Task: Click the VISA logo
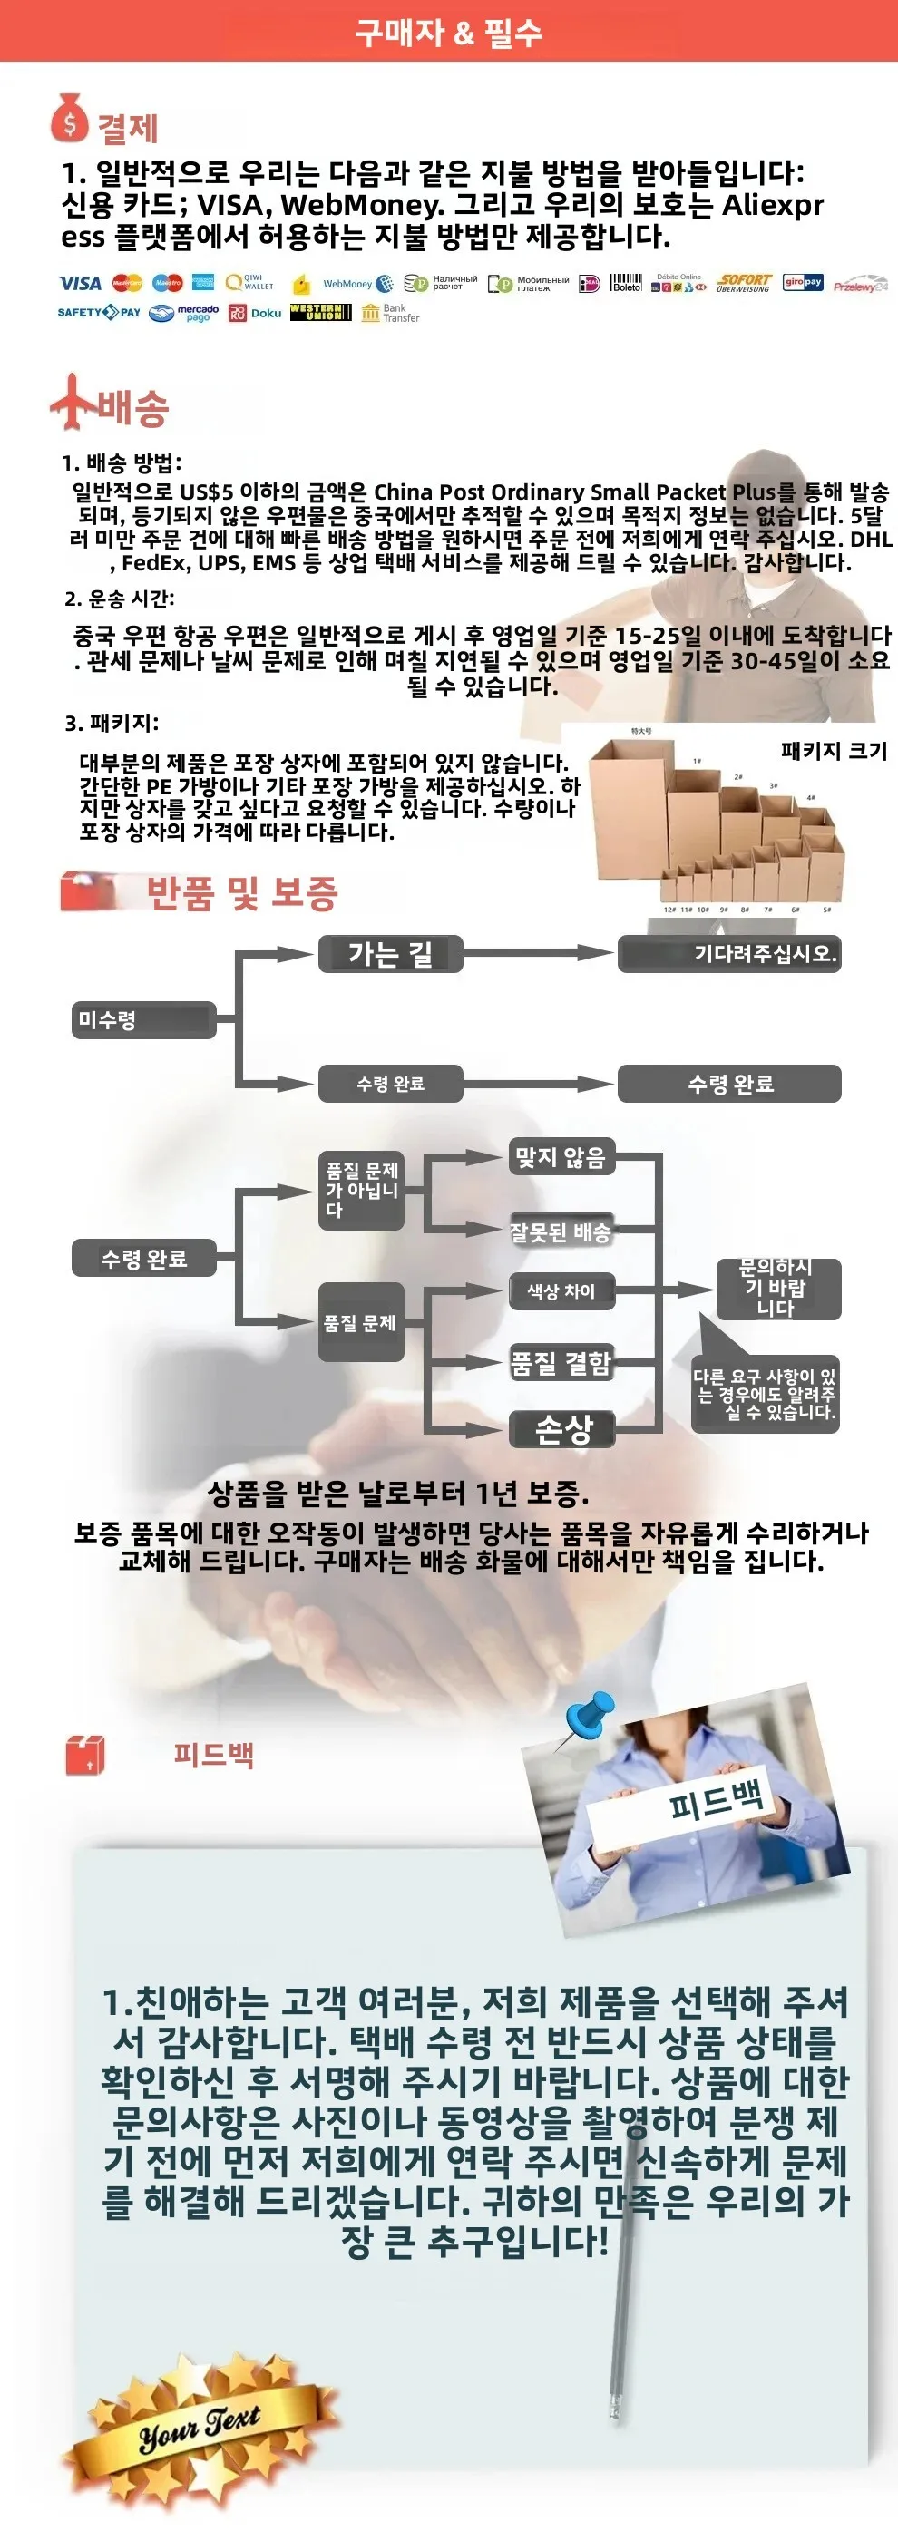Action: point(80,284)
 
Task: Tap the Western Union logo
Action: point(320,313)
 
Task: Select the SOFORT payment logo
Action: point(744,283)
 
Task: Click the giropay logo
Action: point(803,283)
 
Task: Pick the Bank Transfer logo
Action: point(390,314)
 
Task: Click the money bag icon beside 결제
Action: point(69,119)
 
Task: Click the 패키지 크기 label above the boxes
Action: point(834,751)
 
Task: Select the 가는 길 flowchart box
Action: point(390,954)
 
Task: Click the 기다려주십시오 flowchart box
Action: point(730,953)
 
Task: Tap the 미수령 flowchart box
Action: point(143,1020)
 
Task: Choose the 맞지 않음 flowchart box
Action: point(561,1157)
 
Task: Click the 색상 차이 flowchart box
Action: point(561,1291)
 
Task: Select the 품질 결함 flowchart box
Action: point(561,1363)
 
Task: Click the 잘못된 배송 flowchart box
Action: point(561,1232)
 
